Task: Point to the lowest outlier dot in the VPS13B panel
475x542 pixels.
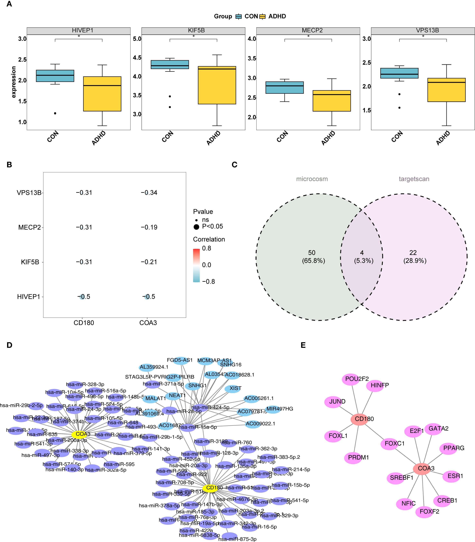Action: point(399,108)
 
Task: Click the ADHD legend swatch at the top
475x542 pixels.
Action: point(262,16)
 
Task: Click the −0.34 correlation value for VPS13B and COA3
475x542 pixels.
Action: point(149,193)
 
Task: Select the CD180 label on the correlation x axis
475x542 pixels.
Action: point(84,323)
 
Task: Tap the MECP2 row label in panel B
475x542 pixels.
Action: point(29,227)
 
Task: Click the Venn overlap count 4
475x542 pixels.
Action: point(362,253)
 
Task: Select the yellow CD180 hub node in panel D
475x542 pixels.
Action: point(210,488)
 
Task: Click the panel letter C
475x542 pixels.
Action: point(234,165)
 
